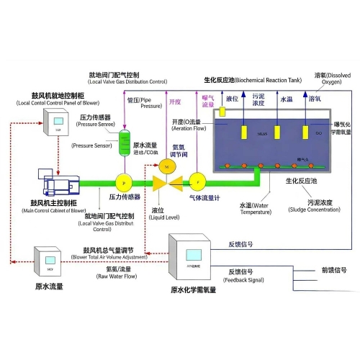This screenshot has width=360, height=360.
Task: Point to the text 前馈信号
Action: (x=333, y=271)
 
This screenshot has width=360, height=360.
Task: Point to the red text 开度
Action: (x=175, y=102)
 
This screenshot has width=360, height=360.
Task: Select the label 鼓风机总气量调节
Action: (x=109, y=251)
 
